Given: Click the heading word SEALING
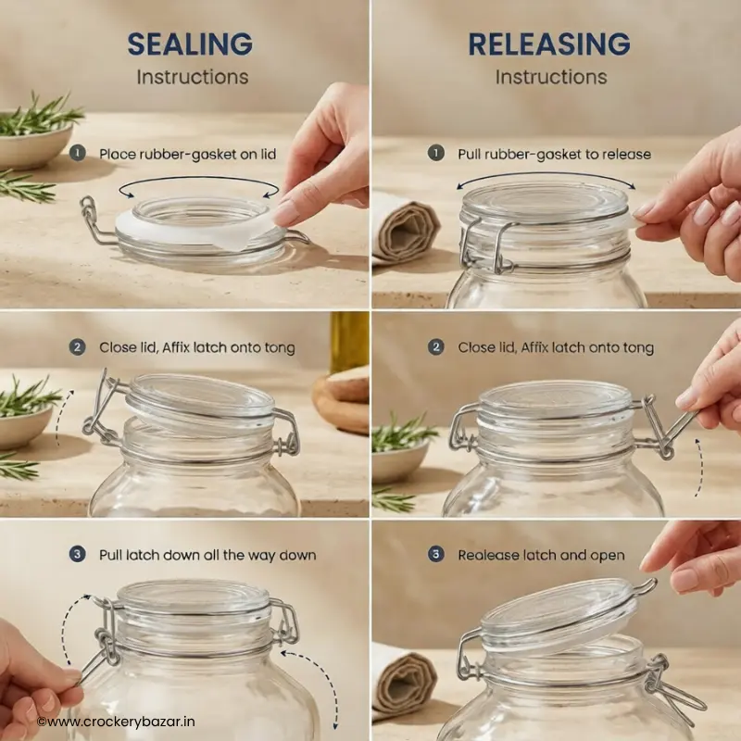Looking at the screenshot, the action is pyautogui.click(x=190, y=44).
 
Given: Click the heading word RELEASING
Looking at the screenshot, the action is pyautogui.click(x=549, y=44).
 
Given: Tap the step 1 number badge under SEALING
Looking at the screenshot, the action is pyautogui.click(x=78, y=153).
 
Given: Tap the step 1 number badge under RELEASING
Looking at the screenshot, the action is pyautogui.click(x=435, y=153).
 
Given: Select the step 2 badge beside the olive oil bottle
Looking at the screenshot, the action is pyautogui.click(x=78, y=347).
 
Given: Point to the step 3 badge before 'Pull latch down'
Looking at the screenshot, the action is pyautogui.click(x=78, y=554).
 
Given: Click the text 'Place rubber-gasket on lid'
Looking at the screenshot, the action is pyautogui.click(x=188, y=154).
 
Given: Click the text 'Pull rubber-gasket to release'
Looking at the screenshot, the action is pyautogui.click(x=554, y=154).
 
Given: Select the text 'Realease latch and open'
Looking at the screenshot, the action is pyautogui.click(x=541, y=555).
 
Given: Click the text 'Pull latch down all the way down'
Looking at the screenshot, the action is pyautogui.click(x=207, y=555).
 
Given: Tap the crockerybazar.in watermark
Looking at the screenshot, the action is pyautogui.click(x=116, y=722).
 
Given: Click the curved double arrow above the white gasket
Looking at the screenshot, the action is pyautogui.click(x=198, y=179).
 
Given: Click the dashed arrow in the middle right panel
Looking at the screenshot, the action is pyautogui.click(x=699, y=467).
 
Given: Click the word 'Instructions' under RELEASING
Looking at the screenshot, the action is pyautogui.click(x=551, y=77).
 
